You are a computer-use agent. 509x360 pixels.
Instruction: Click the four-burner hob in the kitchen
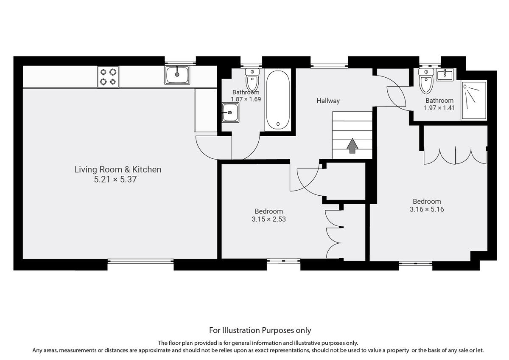click(108, 77)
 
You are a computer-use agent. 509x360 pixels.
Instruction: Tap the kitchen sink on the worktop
click(177, 76)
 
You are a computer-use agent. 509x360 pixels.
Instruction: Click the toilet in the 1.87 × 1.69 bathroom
click(252, 80)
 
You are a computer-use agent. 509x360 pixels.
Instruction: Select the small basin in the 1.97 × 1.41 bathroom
click(445, 76)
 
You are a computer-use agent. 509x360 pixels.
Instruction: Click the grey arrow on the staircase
click(352, 145)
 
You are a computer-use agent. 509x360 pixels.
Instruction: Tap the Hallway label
click(328, 101)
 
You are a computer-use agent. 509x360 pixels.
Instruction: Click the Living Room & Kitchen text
click(117, 169)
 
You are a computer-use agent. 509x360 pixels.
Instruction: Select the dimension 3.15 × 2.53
click(268, 219)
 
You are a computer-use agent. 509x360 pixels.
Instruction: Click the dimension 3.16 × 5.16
click(427, 209)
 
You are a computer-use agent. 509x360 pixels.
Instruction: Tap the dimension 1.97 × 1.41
click(439, 108)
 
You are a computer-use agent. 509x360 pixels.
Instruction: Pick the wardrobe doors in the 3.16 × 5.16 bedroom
click(455, 155)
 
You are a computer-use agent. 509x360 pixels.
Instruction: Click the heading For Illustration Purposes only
click(260, 330)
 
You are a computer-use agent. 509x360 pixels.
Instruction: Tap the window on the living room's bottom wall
click(140, 262)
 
